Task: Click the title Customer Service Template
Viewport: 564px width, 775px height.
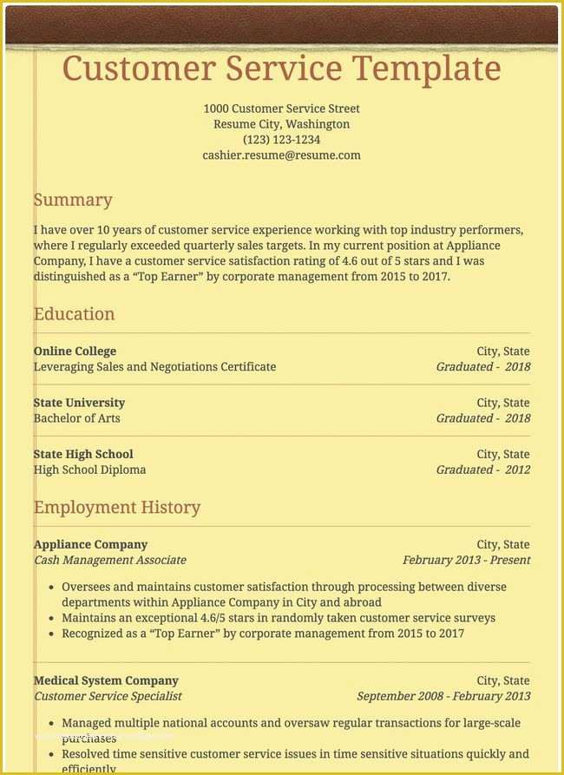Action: [281, 68]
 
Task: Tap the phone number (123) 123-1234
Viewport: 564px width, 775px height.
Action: [281, 140]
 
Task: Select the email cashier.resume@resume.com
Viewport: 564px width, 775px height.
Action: [281, 155]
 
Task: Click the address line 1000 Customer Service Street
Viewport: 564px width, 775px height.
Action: [281, 108]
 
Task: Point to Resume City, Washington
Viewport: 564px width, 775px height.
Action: [281, 124]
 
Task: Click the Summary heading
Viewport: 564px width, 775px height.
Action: [73, 200]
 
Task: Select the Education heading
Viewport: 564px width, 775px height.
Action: [74, 314]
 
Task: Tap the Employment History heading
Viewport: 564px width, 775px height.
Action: [117, 507]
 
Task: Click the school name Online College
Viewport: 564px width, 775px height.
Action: [75, 351]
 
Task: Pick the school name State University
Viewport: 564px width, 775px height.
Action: [79, 403]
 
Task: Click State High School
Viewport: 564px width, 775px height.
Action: [83, 454]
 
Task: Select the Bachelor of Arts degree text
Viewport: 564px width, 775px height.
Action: [76, 418]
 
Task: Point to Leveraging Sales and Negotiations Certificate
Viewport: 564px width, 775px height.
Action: [154, 367]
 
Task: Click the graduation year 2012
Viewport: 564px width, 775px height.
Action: [517, 470]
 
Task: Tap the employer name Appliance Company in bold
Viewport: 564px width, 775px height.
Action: [90, 544]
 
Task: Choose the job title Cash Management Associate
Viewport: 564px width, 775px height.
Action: [109, 560]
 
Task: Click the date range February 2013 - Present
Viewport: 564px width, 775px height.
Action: [466, 560]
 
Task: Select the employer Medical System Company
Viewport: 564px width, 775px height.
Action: [106, 680]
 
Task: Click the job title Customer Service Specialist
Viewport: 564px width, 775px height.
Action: [108, 696]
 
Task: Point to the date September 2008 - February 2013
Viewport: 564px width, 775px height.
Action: [443, 696]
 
